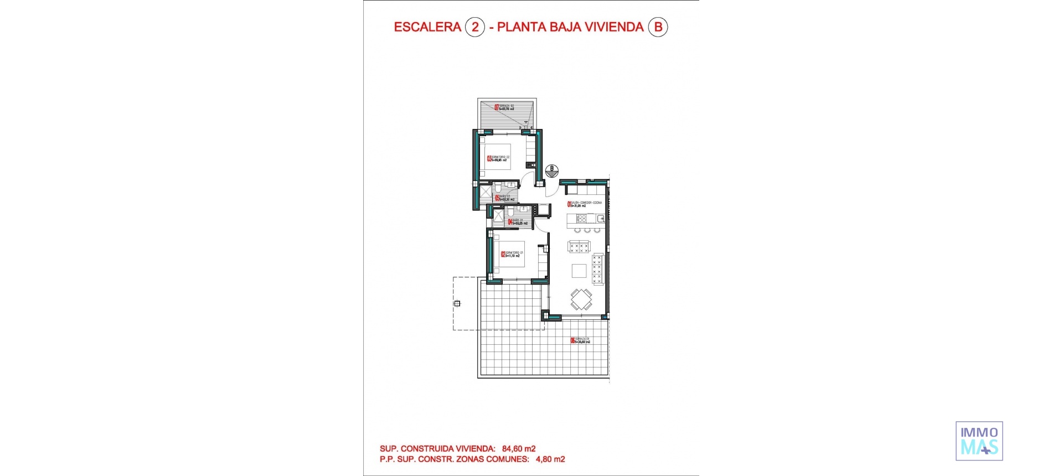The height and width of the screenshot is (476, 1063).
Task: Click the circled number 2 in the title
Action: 474,27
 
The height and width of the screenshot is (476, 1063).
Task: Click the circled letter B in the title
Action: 658,27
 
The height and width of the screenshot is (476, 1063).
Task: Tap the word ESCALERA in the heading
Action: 427,27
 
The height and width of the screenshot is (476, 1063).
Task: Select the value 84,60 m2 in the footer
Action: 519,449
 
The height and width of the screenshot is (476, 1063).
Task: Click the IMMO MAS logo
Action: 979,441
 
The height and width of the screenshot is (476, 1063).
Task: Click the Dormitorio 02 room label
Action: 499,159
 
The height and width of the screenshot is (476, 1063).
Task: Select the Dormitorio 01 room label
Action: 512,255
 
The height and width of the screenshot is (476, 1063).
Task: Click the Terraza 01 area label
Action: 581,340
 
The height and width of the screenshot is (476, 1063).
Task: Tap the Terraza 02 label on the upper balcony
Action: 505,107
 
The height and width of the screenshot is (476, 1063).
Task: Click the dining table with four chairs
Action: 581,299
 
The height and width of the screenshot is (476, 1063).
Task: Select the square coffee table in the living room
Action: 579,270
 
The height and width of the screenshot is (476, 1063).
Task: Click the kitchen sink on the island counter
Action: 601,219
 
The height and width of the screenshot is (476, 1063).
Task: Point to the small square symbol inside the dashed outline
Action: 457,303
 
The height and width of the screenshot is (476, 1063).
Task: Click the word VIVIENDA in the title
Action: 611,27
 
